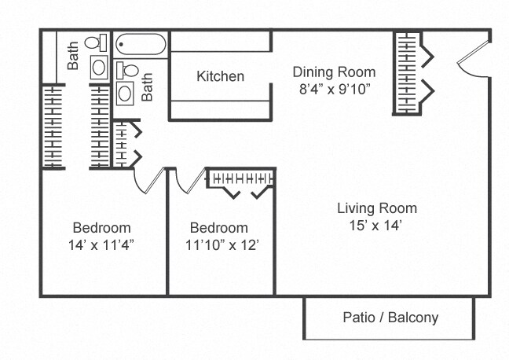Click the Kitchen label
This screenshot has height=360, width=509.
221,76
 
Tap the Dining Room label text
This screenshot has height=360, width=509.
334,72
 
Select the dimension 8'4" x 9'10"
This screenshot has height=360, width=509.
335,89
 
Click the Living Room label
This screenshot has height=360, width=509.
377,208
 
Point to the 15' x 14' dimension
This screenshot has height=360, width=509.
375,225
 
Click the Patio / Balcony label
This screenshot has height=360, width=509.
390,317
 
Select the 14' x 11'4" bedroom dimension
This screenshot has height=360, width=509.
101,244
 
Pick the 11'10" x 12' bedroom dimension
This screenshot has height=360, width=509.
222,244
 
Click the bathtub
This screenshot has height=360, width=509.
141,45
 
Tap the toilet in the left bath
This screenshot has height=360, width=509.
96,42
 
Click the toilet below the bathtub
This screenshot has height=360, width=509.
127,70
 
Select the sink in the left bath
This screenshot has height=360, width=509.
99,68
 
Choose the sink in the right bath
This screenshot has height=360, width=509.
125,94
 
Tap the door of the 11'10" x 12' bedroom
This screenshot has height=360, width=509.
191,181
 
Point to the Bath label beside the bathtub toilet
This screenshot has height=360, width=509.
147,86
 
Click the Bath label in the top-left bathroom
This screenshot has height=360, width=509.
73,56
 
